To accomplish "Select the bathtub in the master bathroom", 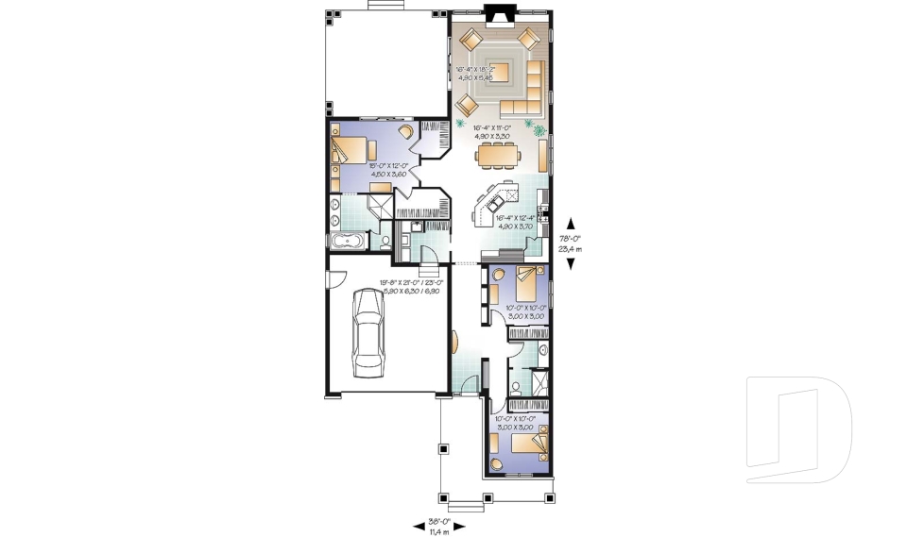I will coord(350,243).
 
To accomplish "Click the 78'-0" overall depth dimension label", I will coord(570,243).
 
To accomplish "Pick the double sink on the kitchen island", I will coord(494,200).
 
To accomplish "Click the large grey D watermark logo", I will coord(798,422).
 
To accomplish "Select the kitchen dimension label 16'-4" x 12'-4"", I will coord(516,223).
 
